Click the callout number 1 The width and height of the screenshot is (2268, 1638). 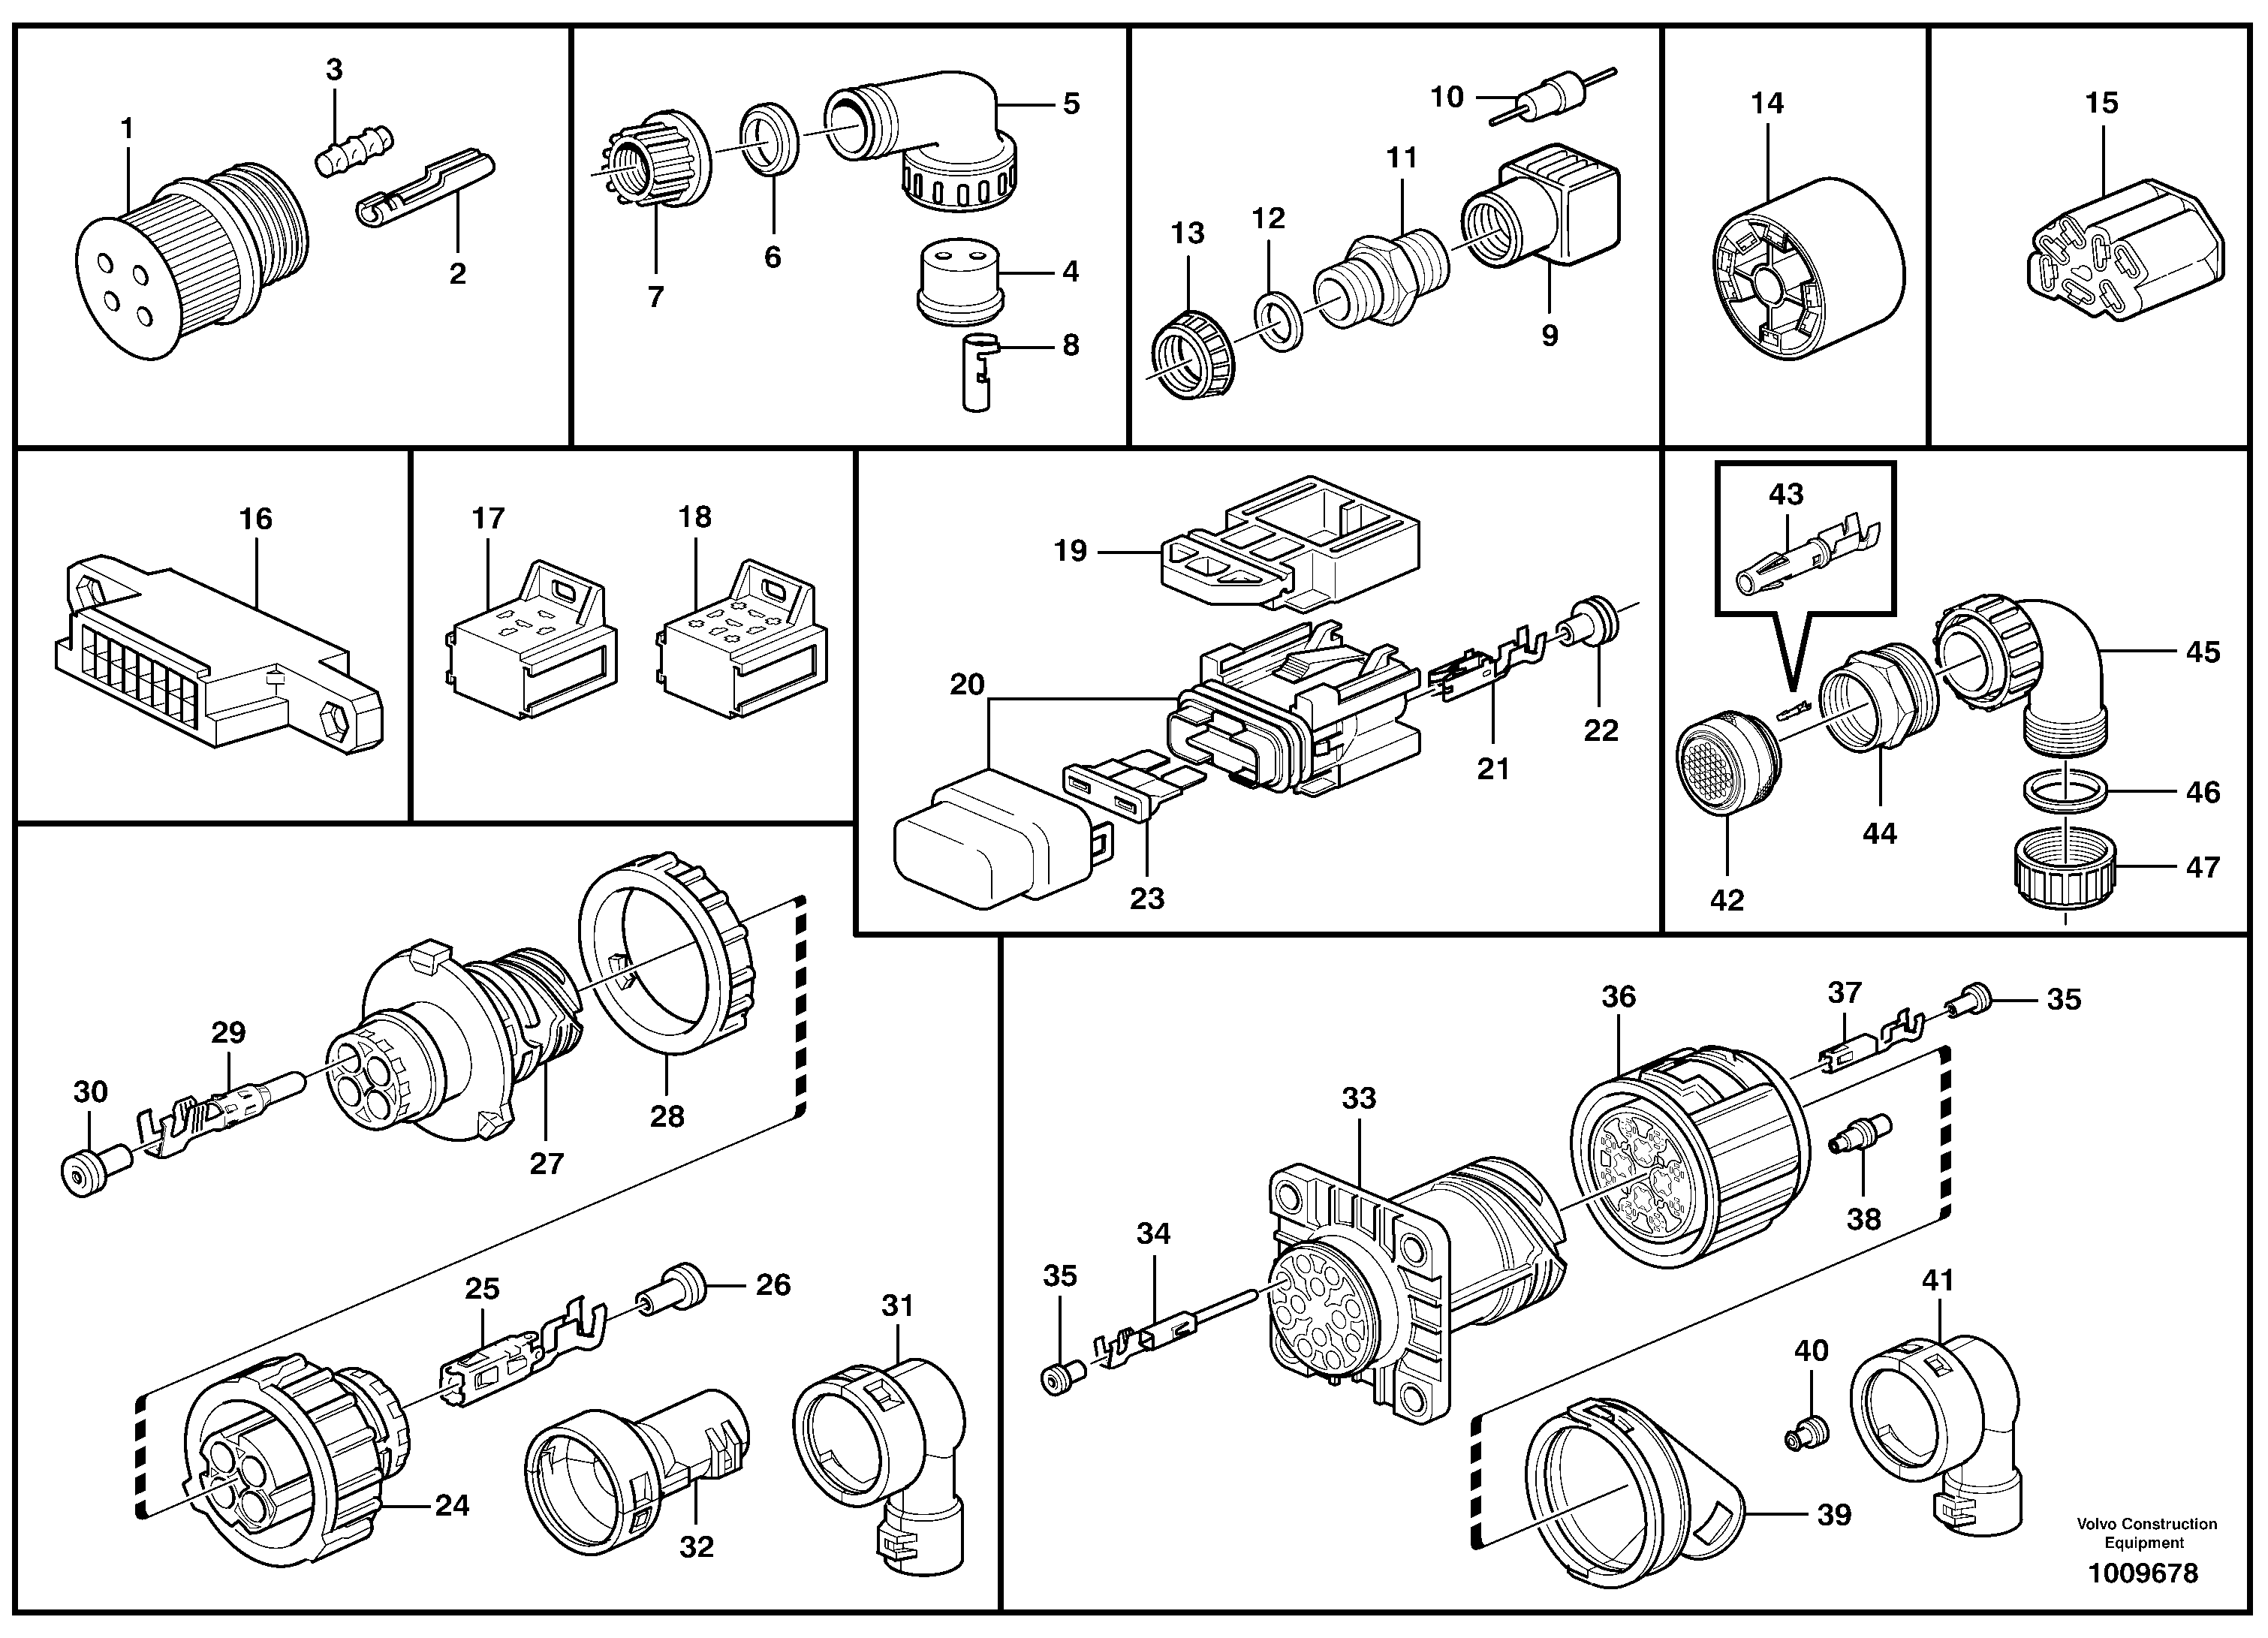(127, 129)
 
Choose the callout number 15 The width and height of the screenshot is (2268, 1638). (2101, 103)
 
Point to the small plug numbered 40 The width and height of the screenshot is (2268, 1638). (1806, 1437)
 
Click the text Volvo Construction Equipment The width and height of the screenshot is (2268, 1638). (2146, 1533)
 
